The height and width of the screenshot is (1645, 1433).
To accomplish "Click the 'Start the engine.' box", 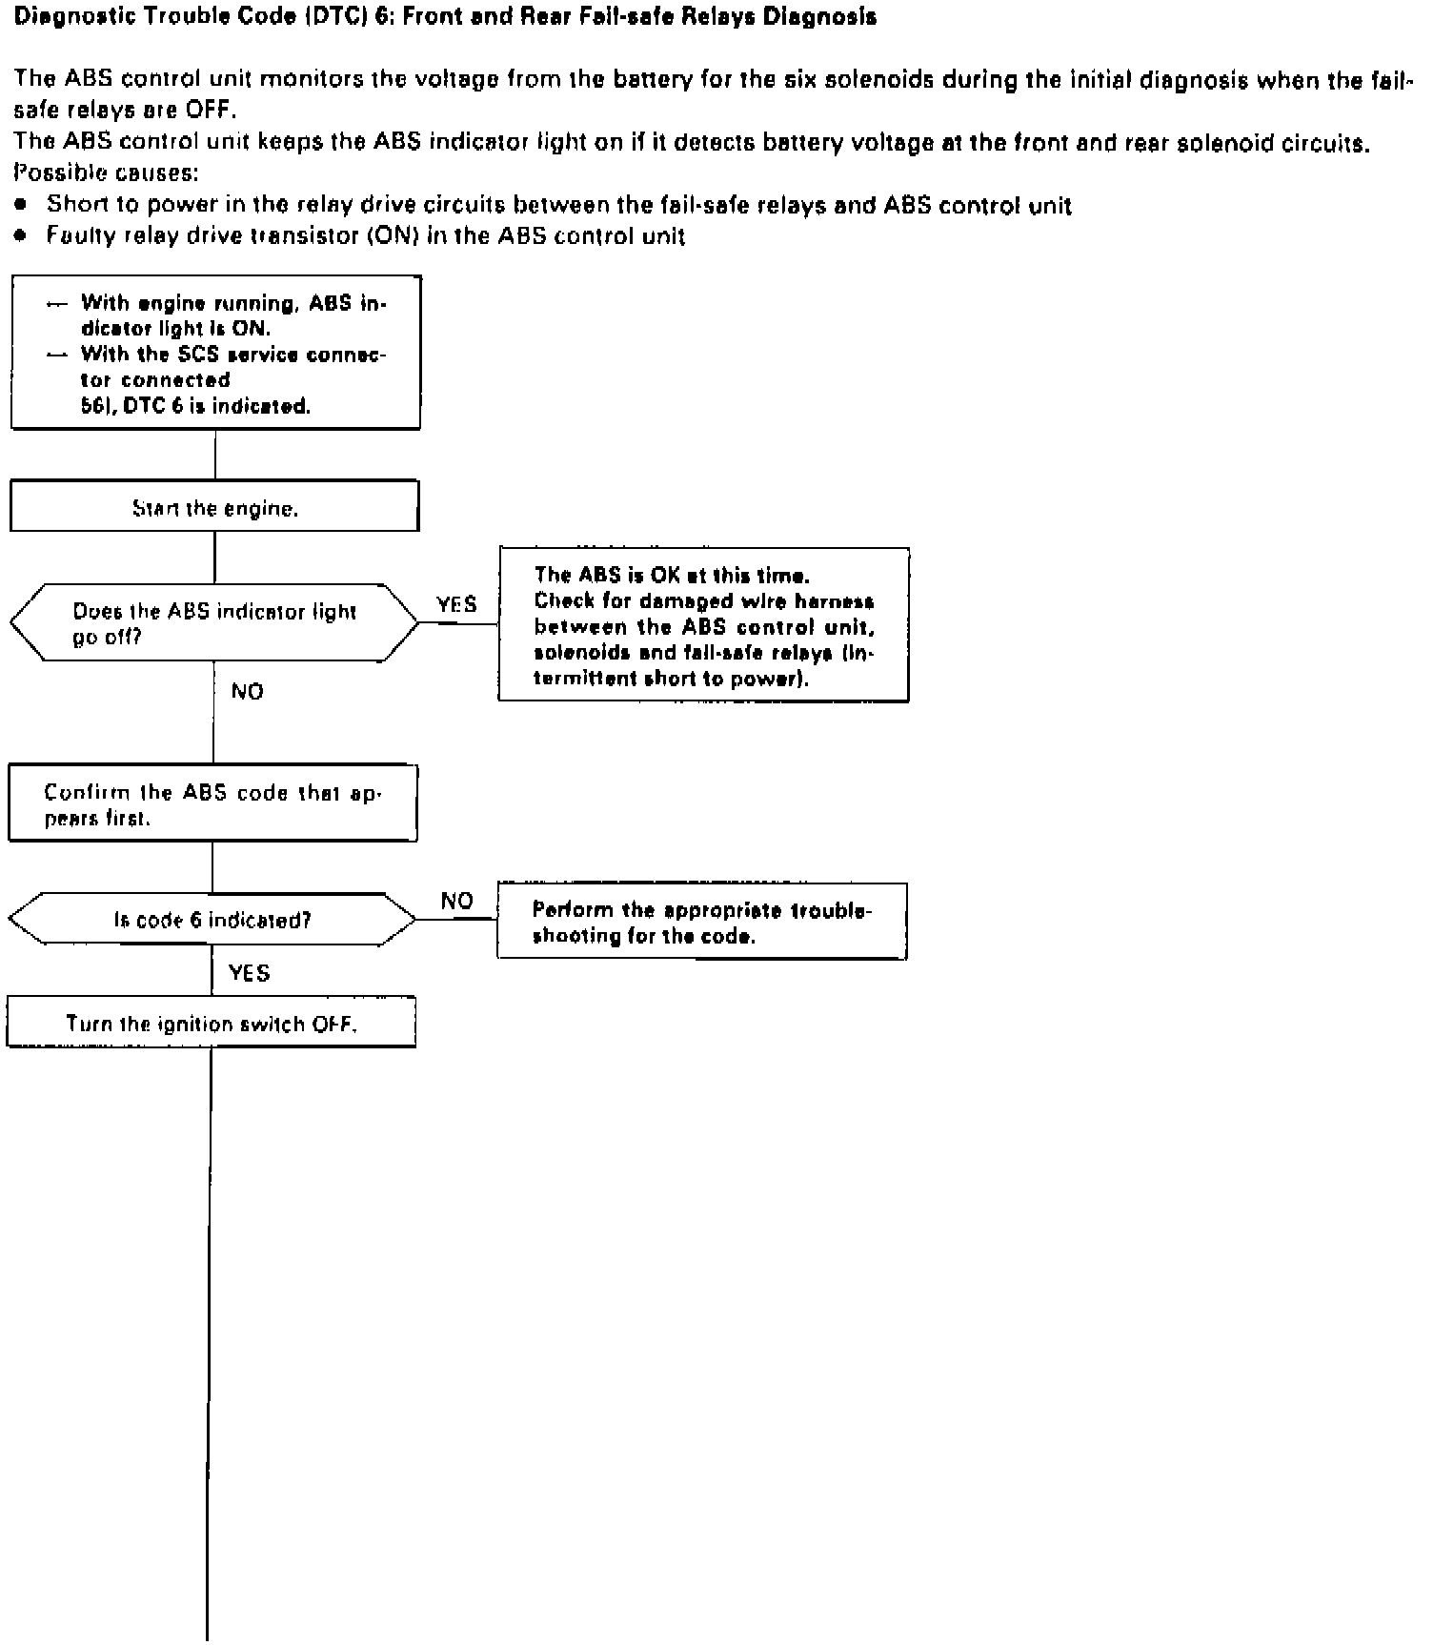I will (x=214, y=506).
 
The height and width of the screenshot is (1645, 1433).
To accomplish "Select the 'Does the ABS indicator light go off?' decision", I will (x=214, y=623).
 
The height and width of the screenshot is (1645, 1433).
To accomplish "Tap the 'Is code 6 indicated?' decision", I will (x=212, y=920).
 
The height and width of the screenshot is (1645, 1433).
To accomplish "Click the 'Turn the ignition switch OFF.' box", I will (x=212, y=1023).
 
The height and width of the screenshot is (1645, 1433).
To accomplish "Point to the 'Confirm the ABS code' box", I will (x=212, y=803).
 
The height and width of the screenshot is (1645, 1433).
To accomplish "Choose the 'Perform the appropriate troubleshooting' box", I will (x=702, y=922).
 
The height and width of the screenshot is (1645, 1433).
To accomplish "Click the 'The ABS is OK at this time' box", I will (x=703, y=625).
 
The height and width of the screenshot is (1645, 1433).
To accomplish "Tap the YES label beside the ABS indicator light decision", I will (x=456, y=604).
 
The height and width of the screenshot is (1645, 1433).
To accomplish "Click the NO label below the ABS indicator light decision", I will (x=247, y=691).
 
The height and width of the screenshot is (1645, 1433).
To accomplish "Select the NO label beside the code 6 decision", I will (x=457, y=901).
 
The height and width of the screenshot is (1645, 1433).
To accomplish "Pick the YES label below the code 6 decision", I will (x=250, y=972).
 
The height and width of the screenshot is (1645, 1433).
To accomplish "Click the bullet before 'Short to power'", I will (x=22, y=205).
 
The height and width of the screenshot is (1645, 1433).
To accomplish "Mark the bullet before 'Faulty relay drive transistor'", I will (x=22, y=235).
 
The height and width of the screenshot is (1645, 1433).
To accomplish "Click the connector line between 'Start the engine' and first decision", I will (x=214, y=557).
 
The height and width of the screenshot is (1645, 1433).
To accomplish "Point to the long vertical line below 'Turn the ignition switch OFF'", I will (x=209, y=1334).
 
